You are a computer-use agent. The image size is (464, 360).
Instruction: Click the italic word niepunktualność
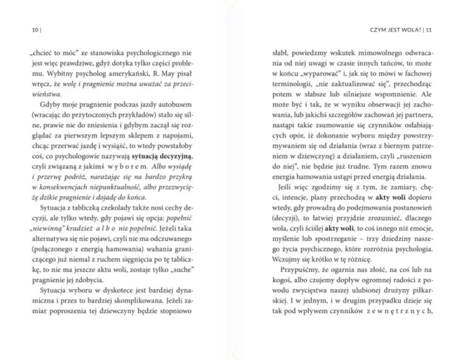pos(130,197)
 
